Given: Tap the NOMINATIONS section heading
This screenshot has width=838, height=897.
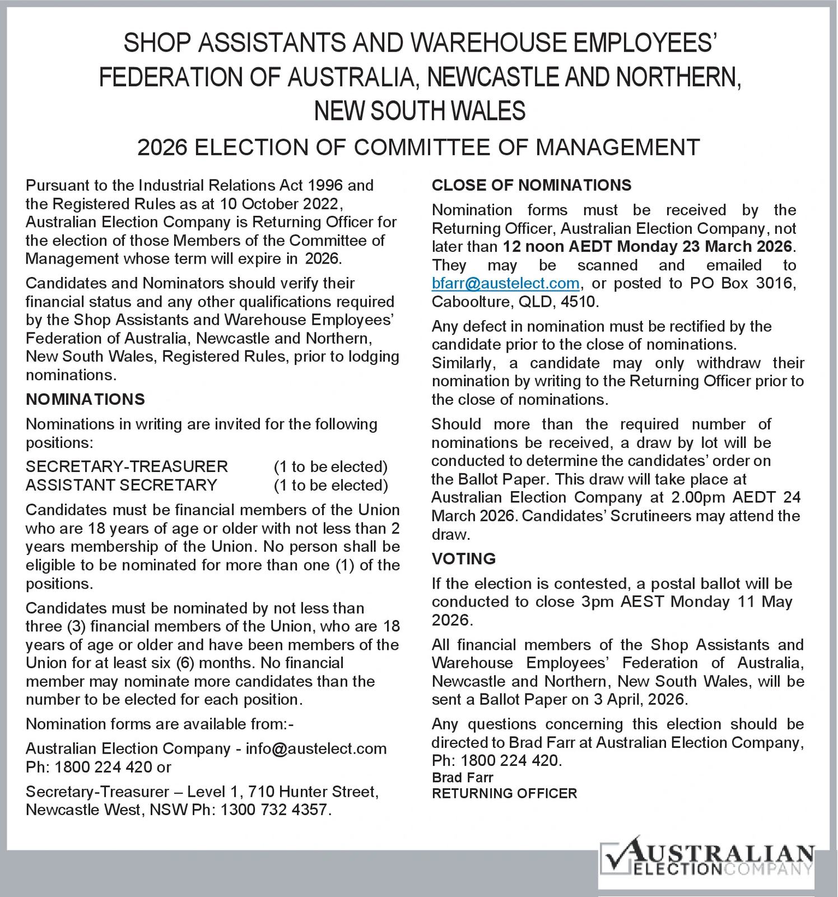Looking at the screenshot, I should pyautogui.click(x=85, y=399).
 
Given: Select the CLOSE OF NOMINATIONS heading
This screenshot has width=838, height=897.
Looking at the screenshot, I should pyautogui.click(x=531, y=185).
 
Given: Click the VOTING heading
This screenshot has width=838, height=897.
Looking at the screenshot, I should pyautogui.click(x=464, y=558).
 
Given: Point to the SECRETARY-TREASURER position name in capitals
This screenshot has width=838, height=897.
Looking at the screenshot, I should pyautogui.click(x=127, y=466).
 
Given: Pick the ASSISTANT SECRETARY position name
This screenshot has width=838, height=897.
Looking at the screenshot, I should pyautogui.click(x=121, y=485).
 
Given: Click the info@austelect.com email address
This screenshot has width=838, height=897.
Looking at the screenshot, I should pyautogui.click(x=316, y=748).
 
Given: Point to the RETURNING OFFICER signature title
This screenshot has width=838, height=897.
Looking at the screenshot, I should pyautogui.click(x=504, y=793).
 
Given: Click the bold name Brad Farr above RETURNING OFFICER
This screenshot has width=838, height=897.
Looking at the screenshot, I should pyautogui.click(x=462, y=778).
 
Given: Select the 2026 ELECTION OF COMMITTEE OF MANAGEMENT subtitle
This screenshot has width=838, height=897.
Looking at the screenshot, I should pyautogui.click(x=418, y=147).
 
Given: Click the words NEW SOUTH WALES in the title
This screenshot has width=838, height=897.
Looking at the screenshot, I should pyautogui.click(x=420, y=111).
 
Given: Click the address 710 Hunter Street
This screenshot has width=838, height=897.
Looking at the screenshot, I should pyautogui.click(x=313, y=792).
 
